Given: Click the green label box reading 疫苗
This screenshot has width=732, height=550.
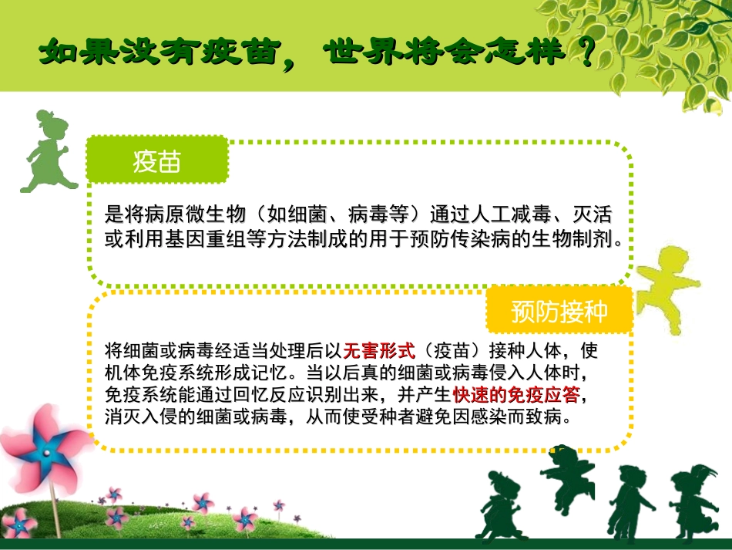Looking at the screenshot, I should (x=157, y=161).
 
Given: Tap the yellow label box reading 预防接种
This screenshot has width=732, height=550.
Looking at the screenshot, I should (x=559, y=312).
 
